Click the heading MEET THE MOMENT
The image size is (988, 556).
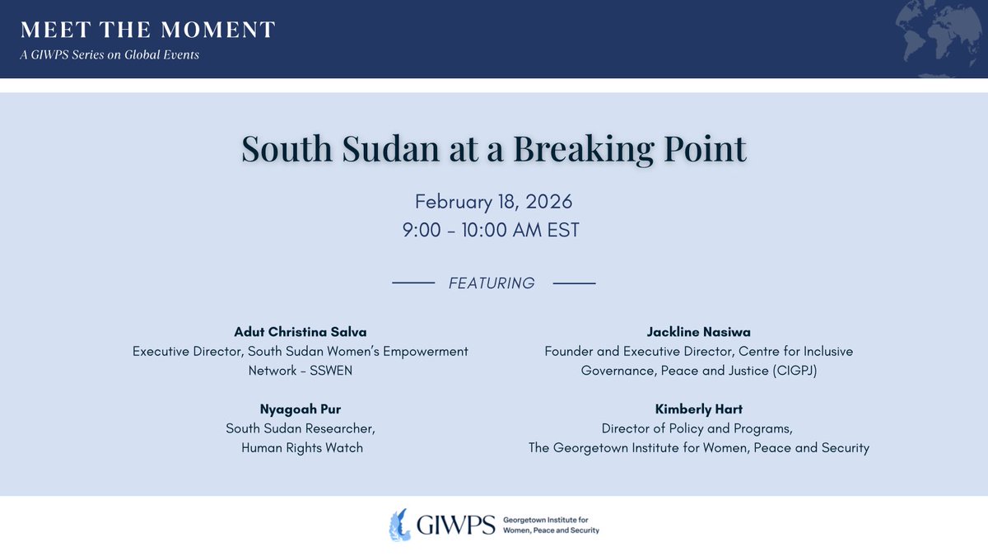[148, 30]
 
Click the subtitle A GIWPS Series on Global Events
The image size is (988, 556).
[110, 55]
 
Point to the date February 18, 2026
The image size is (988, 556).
[493, 201]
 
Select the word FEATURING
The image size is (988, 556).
[492, 283]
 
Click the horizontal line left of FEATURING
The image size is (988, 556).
[413, 283]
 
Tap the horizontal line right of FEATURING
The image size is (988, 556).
[574, 283]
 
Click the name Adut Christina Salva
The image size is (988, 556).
[301, 331]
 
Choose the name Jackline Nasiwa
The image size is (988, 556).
[699, 331]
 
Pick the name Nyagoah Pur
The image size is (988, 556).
[301, 409]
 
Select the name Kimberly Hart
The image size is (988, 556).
[699, 409]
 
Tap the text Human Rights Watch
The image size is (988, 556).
[301, 448]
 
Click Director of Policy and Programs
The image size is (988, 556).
[699, 428]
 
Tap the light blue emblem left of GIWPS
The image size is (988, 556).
[401, 525]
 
